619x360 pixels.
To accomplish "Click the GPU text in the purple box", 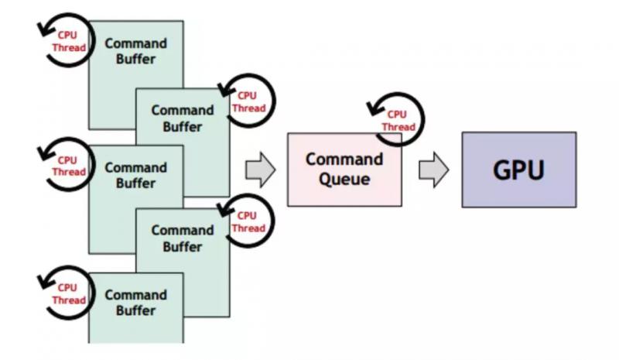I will coord(519,170).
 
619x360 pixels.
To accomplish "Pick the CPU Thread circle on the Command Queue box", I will coord(396,121).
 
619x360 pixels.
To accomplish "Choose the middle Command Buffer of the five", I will coord(136,176).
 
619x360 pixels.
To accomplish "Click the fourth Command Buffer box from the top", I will coord(183,239).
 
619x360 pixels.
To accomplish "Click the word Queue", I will coord(344,180).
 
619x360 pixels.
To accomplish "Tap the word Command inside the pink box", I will coord(344,159).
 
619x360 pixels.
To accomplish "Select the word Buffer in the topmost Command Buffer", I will coord(136,59).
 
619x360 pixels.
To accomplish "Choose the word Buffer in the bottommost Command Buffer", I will coord(136,311).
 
